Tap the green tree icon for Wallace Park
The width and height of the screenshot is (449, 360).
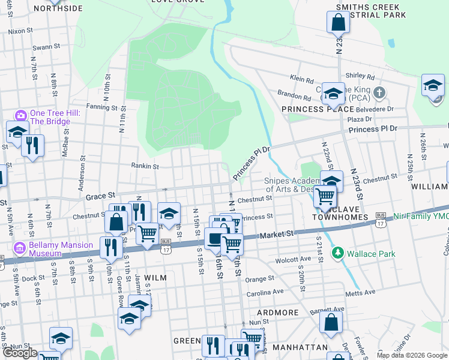click(339, 253)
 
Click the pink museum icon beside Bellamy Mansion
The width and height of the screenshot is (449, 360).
click(20, 246)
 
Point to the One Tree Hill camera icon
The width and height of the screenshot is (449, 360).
click(21, 115)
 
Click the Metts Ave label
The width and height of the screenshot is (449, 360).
click(360, 292)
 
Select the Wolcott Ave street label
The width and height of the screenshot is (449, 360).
click(294, 260)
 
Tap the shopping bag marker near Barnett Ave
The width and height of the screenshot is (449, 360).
click(331, 323)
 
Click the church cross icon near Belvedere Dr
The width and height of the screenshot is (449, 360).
click(378, 93)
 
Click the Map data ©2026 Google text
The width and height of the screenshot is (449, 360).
click(412, 355)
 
